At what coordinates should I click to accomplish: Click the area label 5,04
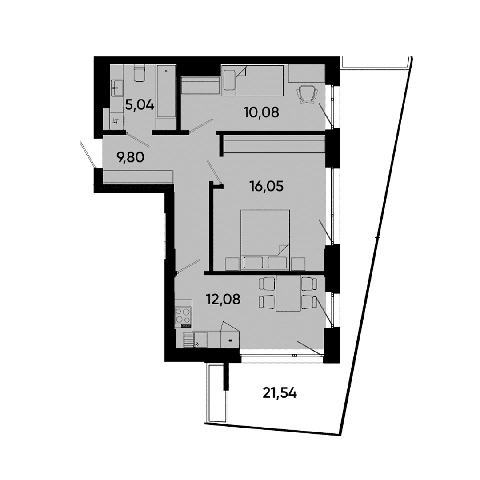[140, 105]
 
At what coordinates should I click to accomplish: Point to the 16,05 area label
[265, 185]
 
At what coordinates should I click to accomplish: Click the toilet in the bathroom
[140, 74]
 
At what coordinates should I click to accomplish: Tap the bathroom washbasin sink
[117, 86]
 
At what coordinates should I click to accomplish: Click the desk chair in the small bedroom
[308, 95]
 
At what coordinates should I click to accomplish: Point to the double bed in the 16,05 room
[265, 239]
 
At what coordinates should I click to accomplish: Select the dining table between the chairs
[288, 294]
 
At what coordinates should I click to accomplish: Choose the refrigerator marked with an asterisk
[230, 339]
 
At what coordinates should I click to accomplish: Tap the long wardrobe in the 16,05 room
[274, 144]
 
